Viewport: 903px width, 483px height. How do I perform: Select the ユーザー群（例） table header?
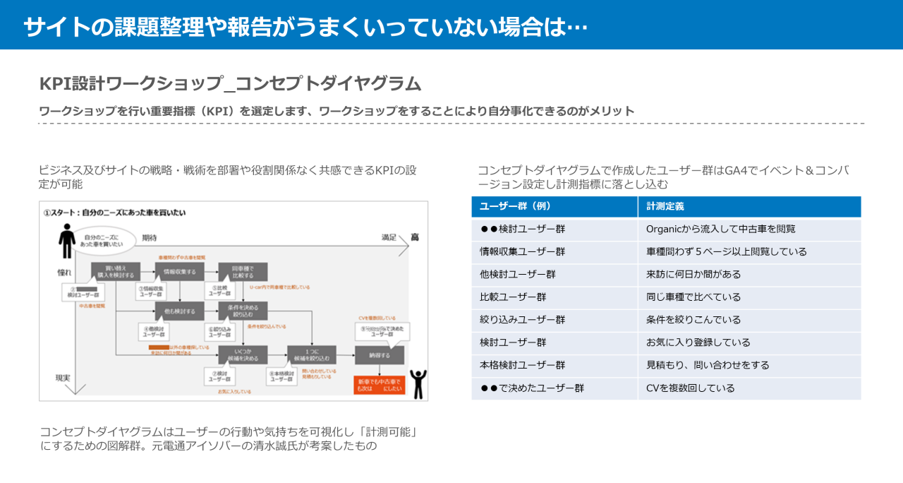pyautogui.click(x=515, y=207)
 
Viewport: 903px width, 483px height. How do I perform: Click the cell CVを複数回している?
pyautogui.click(x=690, y=388)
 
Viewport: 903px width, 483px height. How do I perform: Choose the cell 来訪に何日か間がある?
pyautogui.click(x=693, y=274)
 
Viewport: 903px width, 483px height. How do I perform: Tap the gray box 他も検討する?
pyautogui.click(x=179, y=310)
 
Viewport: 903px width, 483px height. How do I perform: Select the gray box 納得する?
pyautogui.click(x=380, y=354)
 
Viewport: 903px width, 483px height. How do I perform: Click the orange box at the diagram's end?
pyautogui.click(x=380, y=385)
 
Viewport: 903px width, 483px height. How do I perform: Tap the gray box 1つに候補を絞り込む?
pyautogui.click(x=311, y=354)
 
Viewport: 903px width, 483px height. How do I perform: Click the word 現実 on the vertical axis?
pyautogui.click(x=63, y=378)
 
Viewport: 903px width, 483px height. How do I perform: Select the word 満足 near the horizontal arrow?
pyautogui.click(x=389, y=237)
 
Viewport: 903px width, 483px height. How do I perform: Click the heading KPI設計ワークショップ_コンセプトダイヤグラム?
pyautogui.click(x=231, y=83)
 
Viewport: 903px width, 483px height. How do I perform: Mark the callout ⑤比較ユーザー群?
pyautogui.click(x=217, y=290)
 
